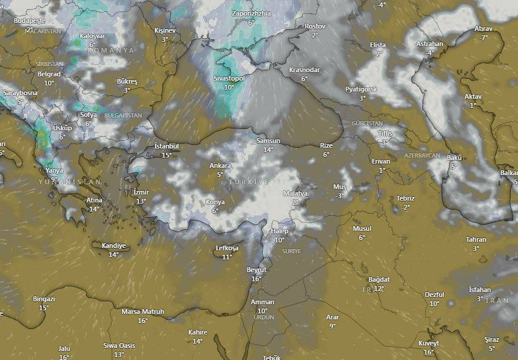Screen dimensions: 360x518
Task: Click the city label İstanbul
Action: tap(167, 146)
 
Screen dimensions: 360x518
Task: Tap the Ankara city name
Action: tap(220, 165)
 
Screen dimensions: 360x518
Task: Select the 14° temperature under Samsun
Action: tap(268, 150)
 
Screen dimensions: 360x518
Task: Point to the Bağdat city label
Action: tap(379, 279)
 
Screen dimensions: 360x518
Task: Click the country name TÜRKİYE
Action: tap(249, 182)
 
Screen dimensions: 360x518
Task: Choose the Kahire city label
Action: tap(198, 332)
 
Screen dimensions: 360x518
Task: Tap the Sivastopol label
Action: tap(229, 79)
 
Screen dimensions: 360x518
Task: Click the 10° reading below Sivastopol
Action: tap(229, 87)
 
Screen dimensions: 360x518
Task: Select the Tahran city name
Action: tap(476, 239)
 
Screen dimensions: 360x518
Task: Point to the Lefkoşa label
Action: tap(227, 248)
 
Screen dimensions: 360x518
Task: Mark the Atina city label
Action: tap(94, 201)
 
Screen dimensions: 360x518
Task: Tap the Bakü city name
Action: tap(454, 158)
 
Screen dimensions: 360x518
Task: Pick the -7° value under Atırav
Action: tap(483, 38)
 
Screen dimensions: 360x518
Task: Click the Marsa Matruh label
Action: tap(143, 312)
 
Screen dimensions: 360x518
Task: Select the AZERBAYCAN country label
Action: tap(422, 156)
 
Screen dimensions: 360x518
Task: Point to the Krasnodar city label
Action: tap(304, 70)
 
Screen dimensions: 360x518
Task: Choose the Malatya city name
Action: tap(295, 194)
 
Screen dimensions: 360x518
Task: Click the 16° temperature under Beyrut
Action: tap(257, 279)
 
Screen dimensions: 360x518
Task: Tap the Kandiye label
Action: tap(113, 245)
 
